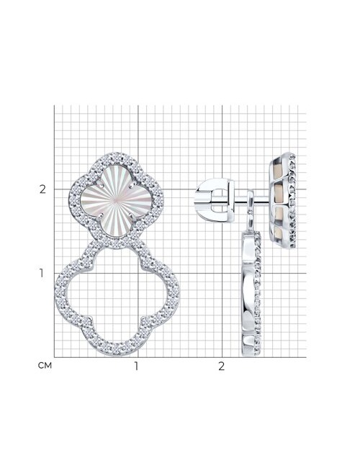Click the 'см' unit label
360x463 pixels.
(45, 366)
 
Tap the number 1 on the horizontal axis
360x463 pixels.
(136, 366)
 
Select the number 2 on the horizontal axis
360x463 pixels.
(221, 366)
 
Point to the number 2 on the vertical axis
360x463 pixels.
(42, 189)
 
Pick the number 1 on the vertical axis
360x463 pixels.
(41, 273)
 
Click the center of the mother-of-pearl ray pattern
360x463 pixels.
(116, 201)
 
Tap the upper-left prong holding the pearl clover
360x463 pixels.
(101, 186)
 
